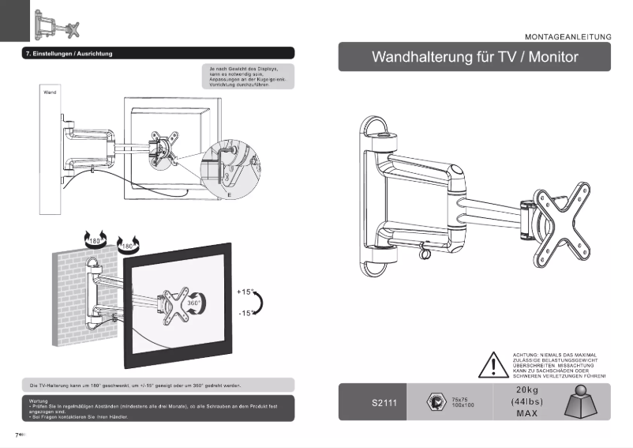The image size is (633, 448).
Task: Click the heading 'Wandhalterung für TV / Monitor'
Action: (x=474, y=58)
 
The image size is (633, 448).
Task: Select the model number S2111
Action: (x=384, y=404)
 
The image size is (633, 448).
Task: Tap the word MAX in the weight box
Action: (x=527, y=414)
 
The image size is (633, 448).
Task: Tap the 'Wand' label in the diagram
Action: (x=49, y=92)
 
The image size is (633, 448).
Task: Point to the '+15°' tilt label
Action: (x=246, y=292)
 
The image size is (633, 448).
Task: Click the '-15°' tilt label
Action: (x=246, y=314)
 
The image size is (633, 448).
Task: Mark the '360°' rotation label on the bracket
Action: (x=193, y=303)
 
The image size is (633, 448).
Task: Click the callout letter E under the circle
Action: (x=229, y=194)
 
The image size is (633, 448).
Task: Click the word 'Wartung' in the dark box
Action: (x=39, y=401)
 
